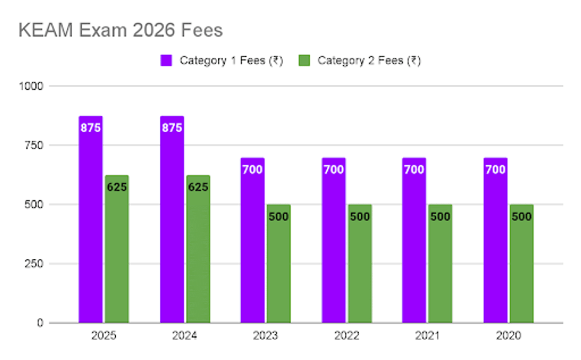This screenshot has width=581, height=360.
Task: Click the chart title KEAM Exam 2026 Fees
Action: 121,31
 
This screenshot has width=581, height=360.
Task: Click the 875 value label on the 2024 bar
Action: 172,128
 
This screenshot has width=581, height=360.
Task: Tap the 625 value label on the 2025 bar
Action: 117,187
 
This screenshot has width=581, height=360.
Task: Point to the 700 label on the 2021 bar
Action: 414,170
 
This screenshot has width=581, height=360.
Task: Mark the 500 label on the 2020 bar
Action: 521,217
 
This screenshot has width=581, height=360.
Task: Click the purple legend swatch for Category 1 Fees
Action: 167,61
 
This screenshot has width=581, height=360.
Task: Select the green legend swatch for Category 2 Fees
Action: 304,61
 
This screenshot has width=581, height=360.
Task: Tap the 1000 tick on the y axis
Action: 31,86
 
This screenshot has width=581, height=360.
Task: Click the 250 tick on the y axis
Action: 34,264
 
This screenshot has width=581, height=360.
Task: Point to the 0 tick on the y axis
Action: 41,323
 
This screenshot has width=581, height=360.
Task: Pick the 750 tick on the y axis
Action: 34,145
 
